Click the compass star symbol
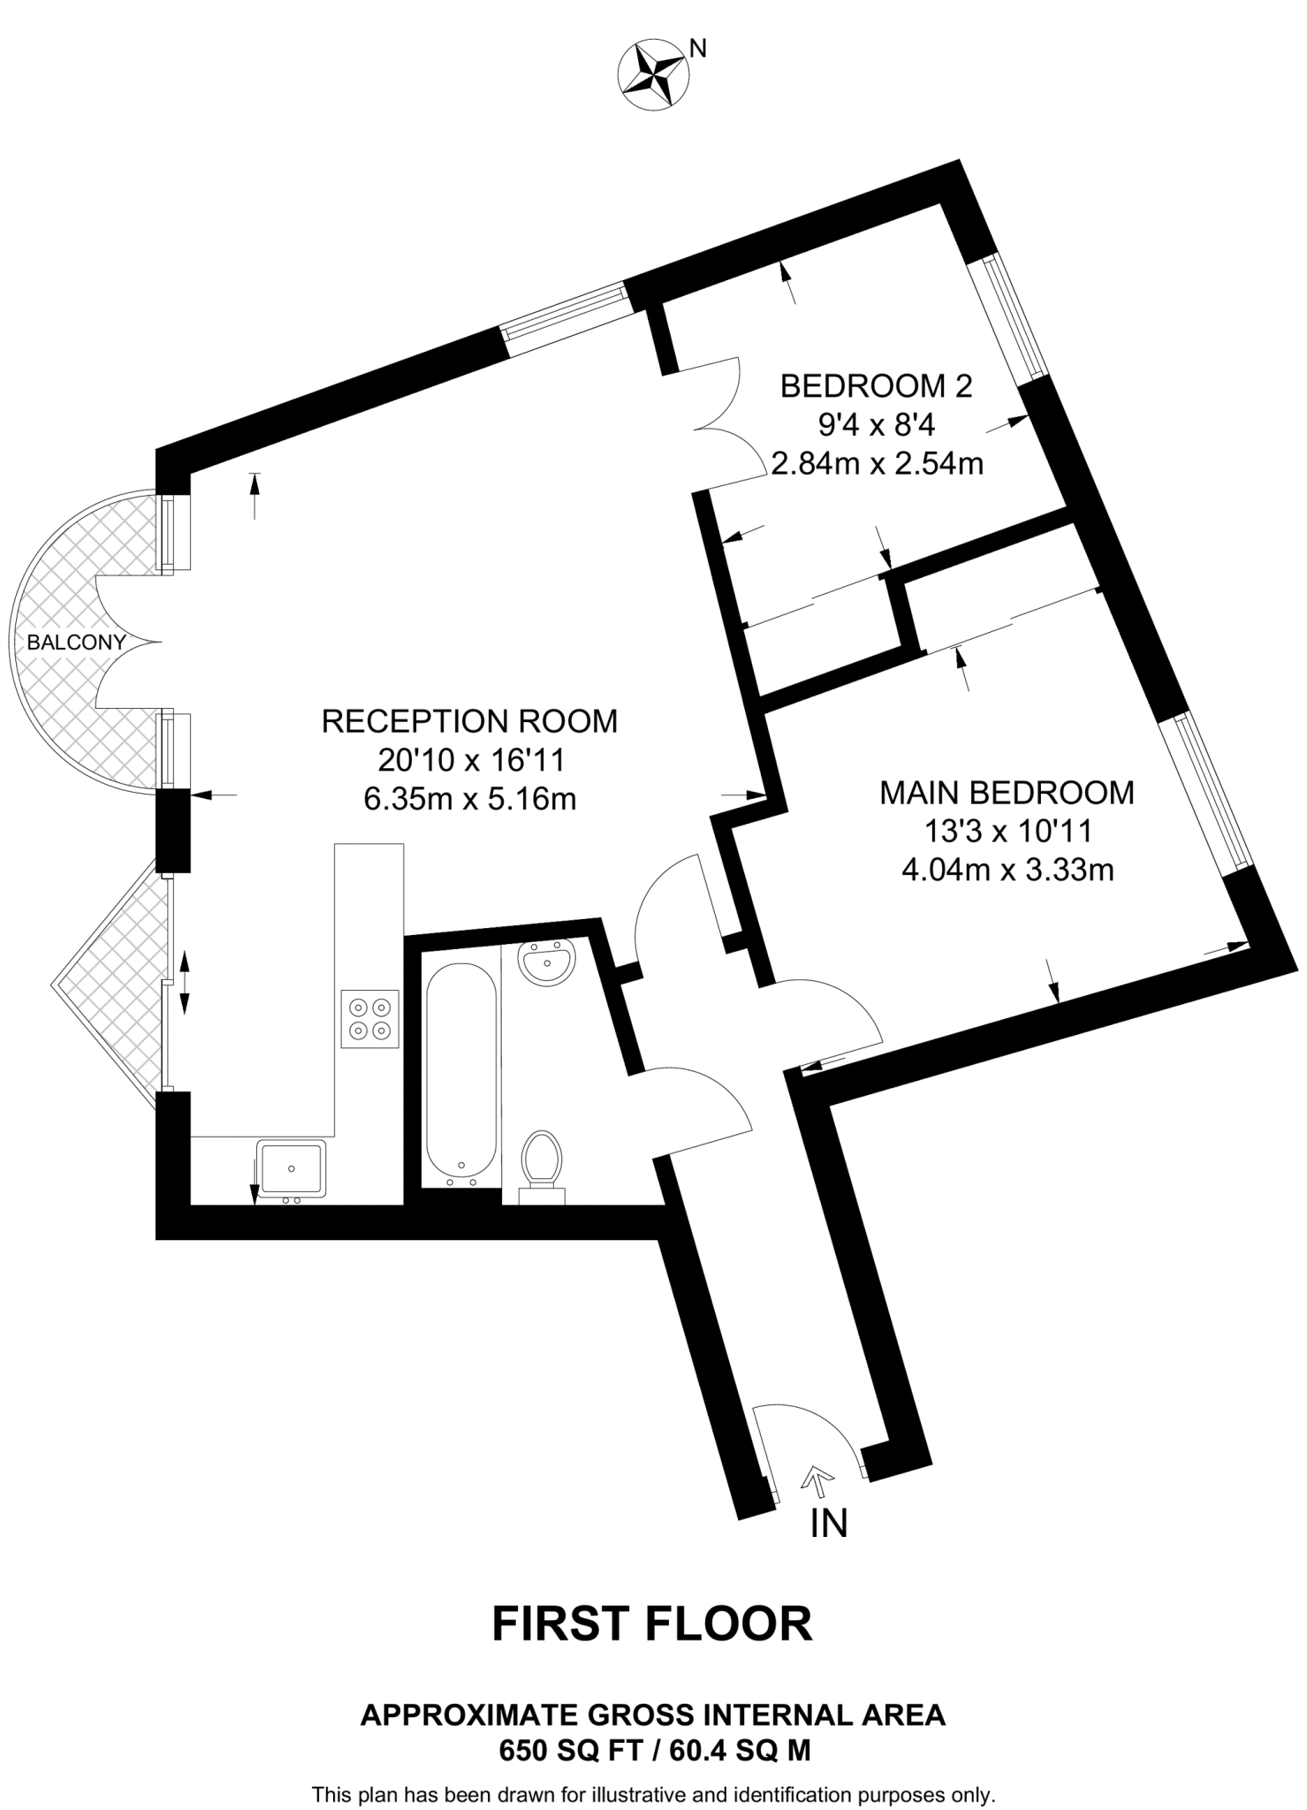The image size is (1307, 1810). coord(654,76)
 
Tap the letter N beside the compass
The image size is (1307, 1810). coord(698,49)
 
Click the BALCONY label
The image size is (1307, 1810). coord(76,643)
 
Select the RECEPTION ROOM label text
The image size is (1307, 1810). coord(469,721)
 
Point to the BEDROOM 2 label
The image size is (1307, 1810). coord(876,386)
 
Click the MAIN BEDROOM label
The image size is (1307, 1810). coord(1007,793)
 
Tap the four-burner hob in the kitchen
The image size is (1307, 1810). coord(370,1018)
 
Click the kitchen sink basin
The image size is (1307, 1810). coord(292,1167)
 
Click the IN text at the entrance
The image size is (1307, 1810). coord(828,1523)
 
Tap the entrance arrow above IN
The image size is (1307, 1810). coord(818,1479)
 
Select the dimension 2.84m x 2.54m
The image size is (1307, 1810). coord(877,463)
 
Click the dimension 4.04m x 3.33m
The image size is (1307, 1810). coord(1007,871)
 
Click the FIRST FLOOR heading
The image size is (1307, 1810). coord(652,1624)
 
